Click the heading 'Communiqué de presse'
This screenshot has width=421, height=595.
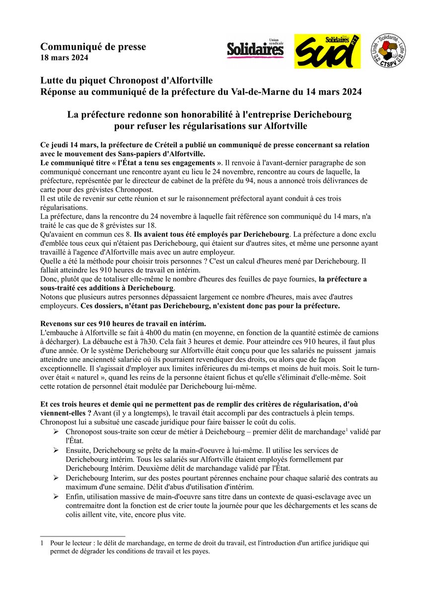(93, 47)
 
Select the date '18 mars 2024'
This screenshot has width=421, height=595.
(65, 58)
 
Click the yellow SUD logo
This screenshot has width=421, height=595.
(327, 51)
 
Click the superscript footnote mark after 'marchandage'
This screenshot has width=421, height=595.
(347, 429)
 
